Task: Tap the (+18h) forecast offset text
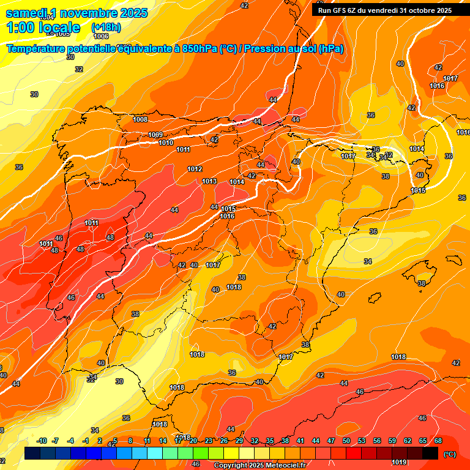point(106,28)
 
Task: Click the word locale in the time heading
point(59,28)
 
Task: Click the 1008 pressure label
point(140,119)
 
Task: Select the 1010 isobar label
point(166,143)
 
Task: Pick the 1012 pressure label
point(195,169)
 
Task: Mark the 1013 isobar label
point(209,181)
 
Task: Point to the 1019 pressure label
point(399,462)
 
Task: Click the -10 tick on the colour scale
point(42,441)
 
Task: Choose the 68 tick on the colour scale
point(438,441)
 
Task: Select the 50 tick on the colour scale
point(346,441)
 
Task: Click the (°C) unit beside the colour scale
point(450,453)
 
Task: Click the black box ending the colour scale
point(430,453)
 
